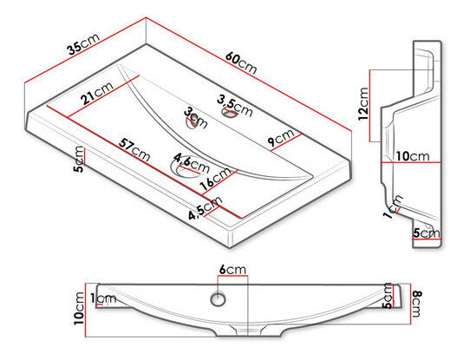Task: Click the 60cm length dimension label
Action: click(241, 62)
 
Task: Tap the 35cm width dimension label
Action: click(83, 44)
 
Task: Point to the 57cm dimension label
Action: click(134, 149)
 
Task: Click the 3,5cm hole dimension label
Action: click(235, 107)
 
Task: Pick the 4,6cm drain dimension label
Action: click(192, 162)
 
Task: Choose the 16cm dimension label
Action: click(216, 179)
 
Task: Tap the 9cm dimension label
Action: click(281, 138)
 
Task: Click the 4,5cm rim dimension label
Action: click(206, 207)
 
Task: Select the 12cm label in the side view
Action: click(363, 104)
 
